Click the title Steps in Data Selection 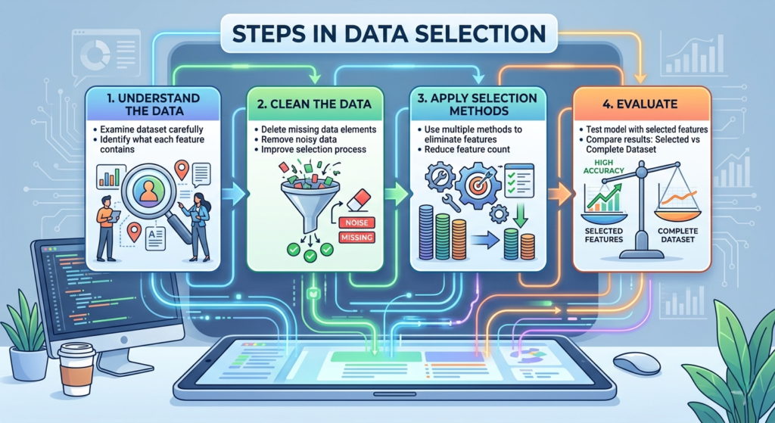pos(387,33)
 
